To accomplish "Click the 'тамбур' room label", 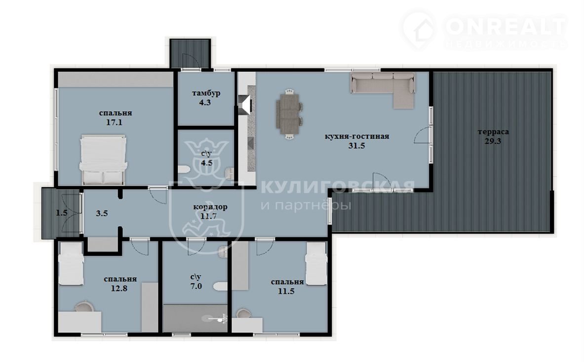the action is (x=206, y=93).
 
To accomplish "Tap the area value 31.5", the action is (x=356, y=146).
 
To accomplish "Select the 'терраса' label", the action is (x=493, y=131).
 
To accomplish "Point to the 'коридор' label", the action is (x=210, y=207).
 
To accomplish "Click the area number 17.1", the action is (x=115, y=122).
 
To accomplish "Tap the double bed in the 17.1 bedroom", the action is (x=103, y=160).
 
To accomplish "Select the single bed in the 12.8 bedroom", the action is (x=71, y=264).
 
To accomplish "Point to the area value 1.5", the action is (x=62, y=213).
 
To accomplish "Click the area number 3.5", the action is (x=102, y=213).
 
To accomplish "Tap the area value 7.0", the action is (x=196, y=286).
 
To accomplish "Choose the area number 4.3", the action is (x=205, y=102).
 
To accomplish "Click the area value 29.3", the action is (x=493, y=141).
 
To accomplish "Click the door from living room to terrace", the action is (x=423, y=134).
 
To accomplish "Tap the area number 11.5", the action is (x=286, y=291).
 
